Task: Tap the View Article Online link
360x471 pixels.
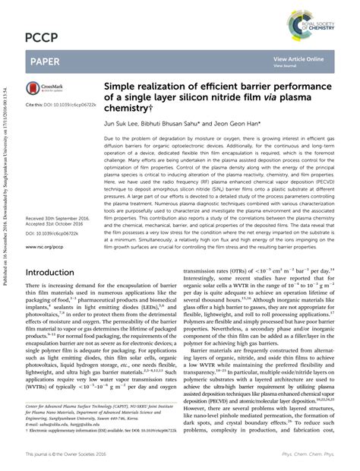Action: [298, 58]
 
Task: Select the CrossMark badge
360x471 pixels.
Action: [46, 88]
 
